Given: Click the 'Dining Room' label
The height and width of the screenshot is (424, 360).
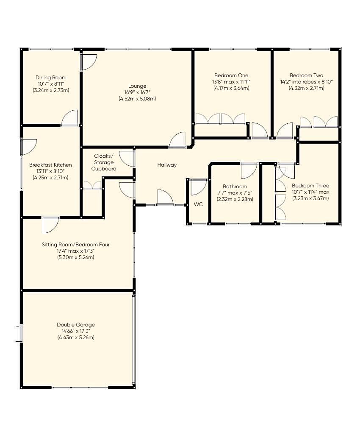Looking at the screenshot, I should (51, 78).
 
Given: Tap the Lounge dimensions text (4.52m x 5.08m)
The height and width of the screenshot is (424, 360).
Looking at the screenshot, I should (138, 99).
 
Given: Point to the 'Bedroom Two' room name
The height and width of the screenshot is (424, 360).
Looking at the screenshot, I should (306, 75).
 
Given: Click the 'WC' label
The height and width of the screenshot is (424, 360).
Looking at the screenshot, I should (198, 204).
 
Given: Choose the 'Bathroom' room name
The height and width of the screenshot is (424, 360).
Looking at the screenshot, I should (235, 187).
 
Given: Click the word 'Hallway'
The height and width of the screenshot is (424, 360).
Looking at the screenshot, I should (167, 165).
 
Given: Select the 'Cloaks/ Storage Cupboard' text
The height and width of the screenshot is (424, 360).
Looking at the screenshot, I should (104, 162).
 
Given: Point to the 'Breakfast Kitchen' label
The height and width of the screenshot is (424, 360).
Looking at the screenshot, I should (50, 165).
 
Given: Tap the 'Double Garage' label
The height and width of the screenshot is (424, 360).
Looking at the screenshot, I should (76, 325).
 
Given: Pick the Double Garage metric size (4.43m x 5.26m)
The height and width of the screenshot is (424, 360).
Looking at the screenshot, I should (76, 338).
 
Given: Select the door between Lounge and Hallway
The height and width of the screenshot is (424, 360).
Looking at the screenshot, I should (177, 140).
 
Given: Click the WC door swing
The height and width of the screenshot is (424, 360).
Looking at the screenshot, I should (198, 186).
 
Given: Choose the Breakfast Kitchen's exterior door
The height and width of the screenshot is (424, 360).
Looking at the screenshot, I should (28, 146).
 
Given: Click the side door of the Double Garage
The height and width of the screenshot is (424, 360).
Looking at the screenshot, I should (19, 333).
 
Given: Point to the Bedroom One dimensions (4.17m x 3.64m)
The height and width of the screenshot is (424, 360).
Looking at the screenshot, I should (231, 88).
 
